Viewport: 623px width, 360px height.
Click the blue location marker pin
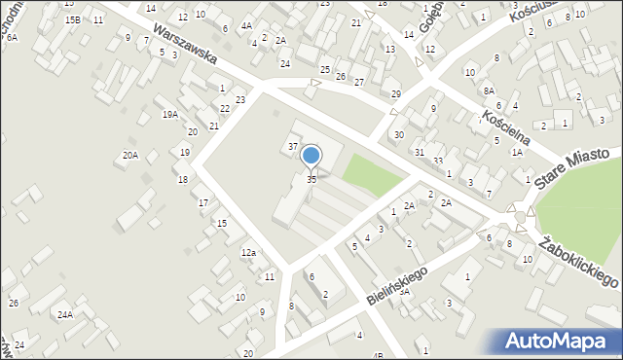click(311, 157)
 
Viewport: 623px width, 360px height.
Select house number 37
click(292, 146)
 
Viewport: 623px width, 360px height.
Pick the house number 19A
click(170, 115)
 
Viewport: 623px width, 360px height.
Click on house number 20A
click(129, 156)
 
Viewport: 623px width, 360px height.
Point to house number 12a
click(248, 253)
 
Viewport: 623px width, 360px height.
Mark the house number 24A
click(65, 315)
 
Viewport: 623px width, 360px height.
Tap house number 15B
click(73, 19)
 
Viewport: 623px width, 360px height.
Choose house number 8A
click(490, 90)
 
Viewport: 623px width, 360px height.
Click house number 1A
click(517, 152)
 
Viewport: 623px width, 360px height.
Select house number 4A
click(246, 25)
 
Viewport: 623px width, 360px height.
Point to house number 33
click(438, 161)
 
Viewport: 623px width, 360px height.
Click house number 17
click(203, 202)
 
